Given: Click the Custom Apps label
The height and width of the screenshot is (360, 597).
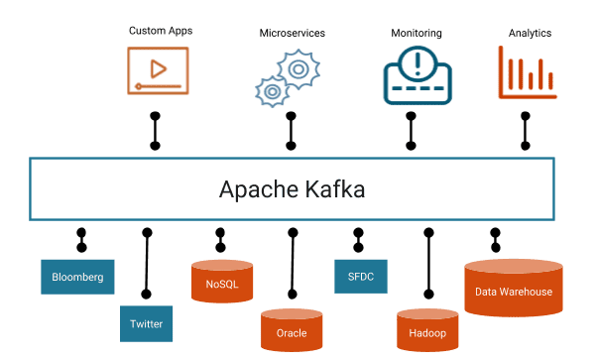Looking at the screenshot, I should pos(160,31).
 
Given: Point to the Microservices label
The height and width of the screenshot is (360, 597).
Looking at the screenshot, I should pos(292,33).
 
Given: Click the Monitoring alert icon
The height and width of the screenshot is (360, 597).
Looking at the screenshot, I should pos(417,73).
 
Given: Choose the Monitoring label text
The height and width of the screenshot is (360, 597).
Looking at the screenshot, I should pos(417,33).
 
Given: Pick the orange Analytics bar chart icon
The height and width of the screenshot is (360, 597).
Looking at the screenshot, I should pos(526,73).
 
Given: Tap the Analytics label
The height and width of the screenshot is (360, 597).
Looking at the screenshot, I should pos(530,33).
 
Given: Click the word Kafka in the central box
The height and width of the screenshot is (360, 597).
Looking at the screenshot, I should pos(331,188).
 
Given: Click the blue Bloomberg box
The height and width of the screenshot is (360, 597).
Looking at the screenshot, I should pos(77,277).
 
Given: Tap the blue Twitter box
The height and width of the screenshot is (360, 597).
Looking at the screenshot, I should pos(146,323).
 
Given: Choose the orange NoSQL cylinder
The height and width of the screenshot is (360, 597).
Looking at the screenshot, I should pos(222,282).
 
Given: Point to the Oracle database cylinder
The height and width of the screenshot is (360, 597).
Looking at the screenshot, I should pos(292,330).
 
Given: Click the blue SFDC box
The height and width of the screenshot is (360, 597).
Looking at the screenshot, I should pos(361,277).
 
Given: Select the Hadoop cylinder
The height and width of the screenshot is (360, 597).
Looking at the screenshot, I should pos(427,330).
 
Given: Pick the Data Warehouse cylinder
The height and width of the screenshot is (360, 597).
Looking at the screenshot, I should pos(513,289).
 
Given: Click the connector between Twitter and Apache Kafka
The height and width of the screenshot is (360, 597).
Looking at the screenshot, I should pos(147,263).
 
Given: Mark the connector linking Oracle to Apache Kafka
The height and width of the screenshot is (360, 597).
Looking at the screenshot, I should pos(292,263).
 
